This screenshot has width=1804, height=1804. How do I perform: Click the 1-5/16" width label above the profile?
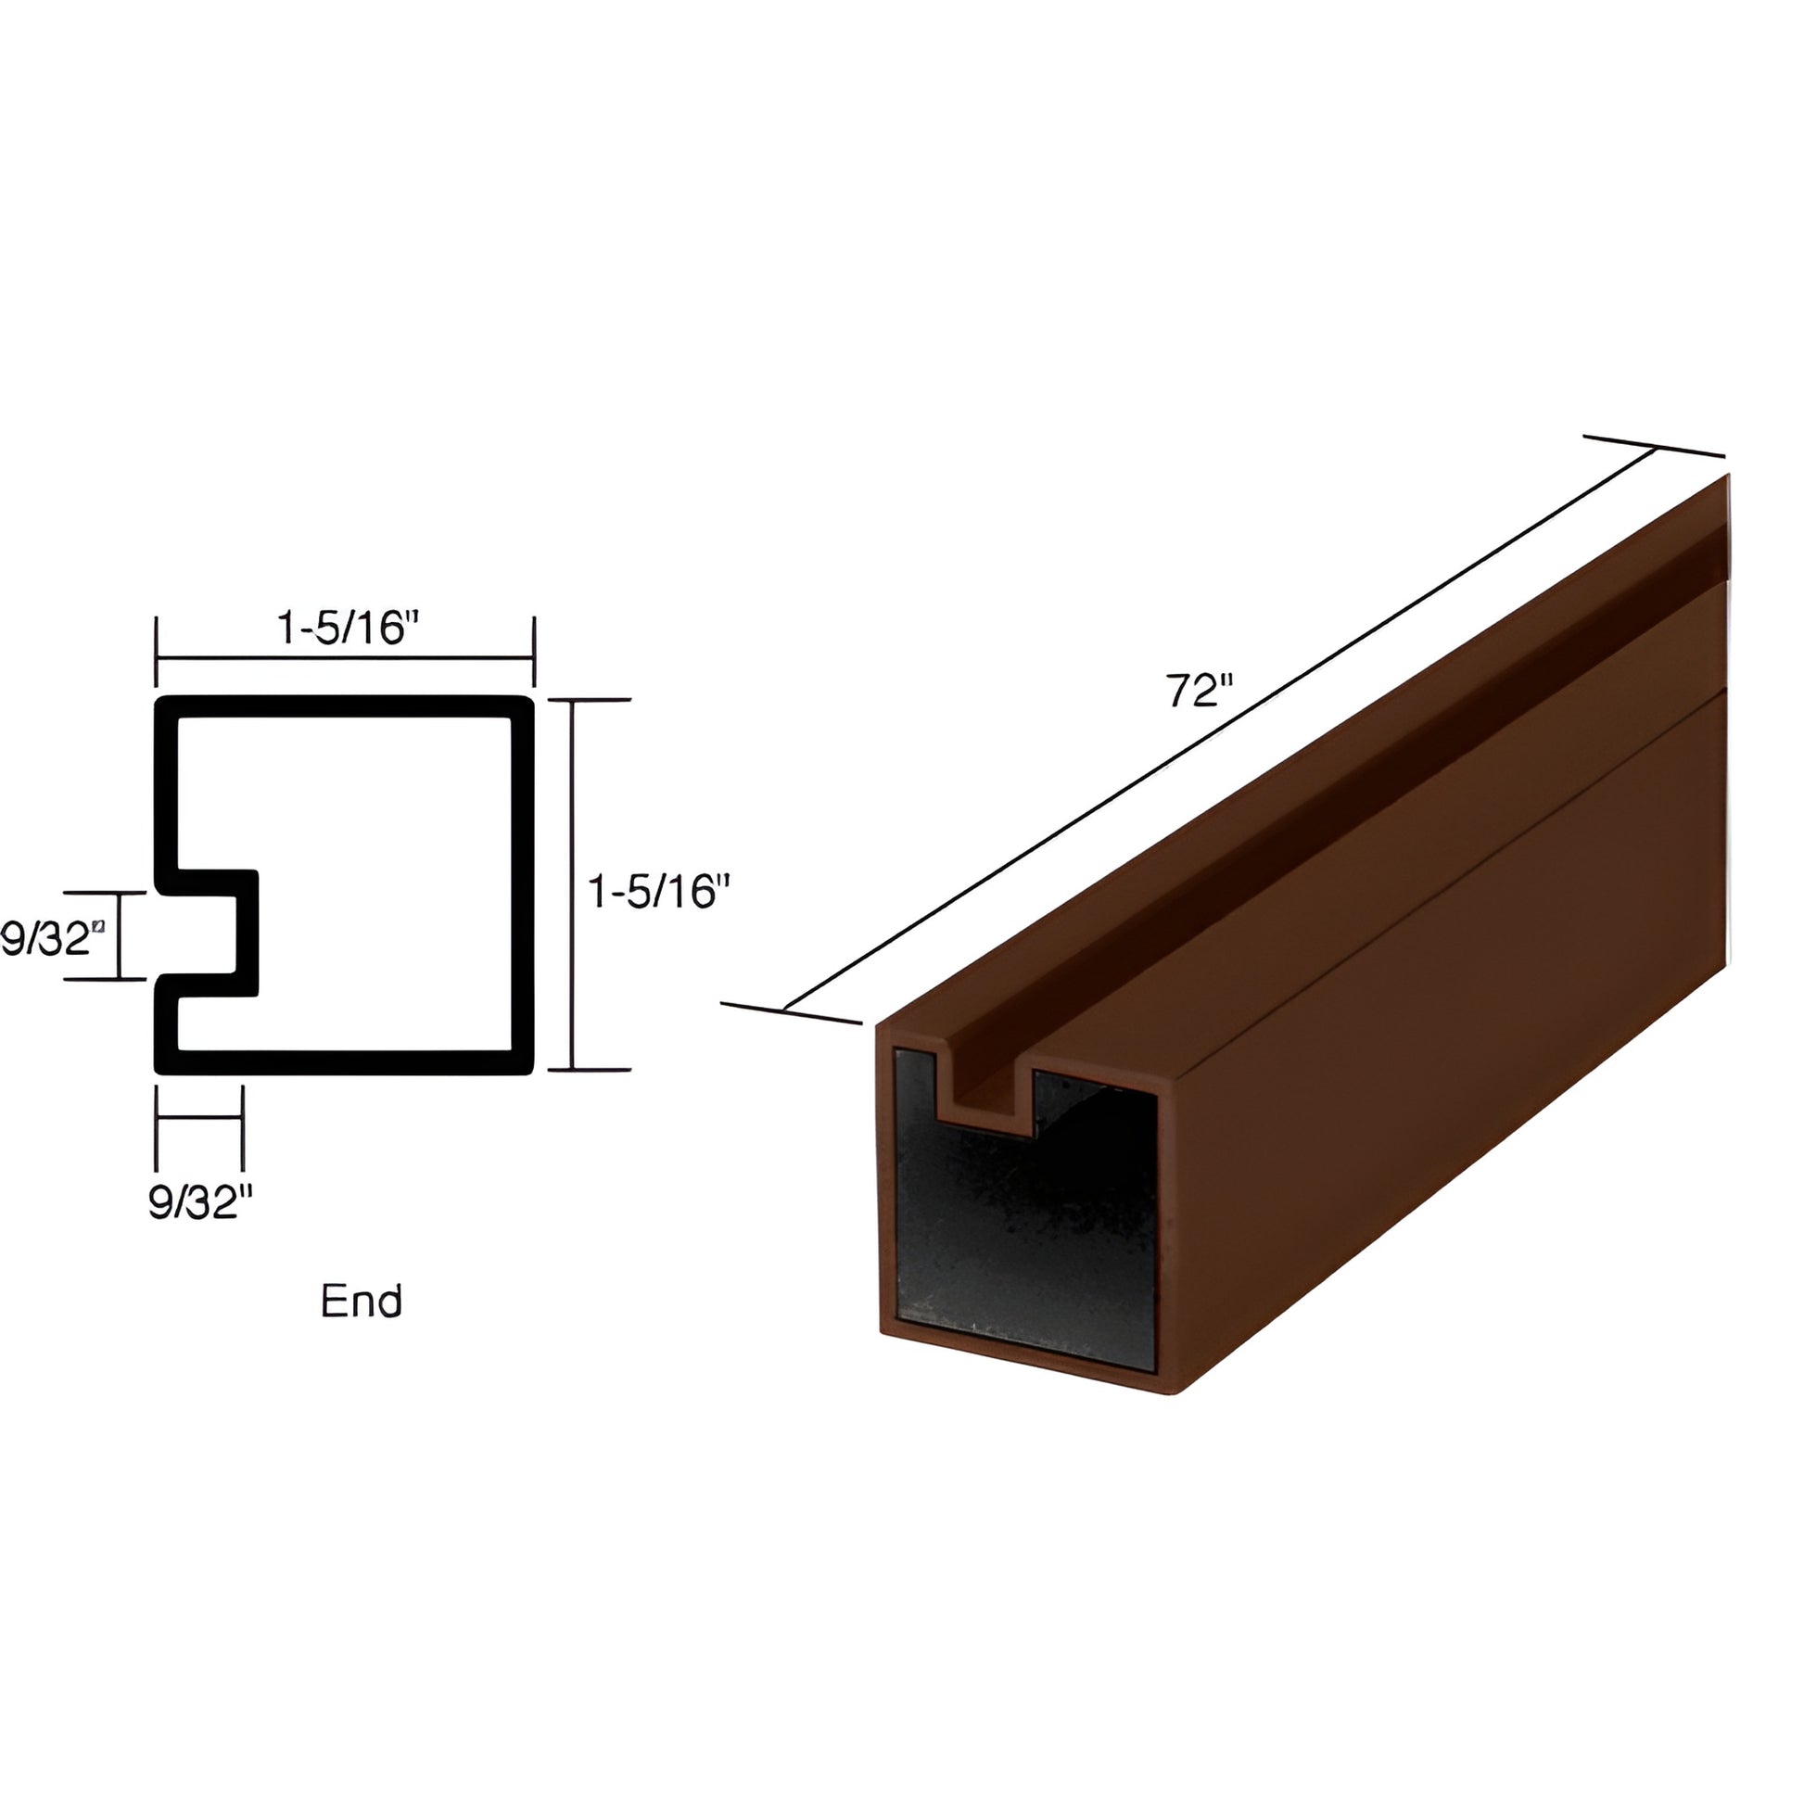point(345,629)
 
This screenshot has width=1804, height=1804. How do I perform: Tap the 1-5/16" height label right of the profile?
point(656,892)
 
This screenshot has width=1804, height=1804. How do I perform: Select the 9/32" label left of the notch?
point(50,938)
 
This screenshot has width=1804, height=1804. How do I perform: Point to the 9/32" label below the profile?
point(200,1203)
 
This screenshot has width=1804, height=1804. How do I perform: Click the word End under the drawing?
point(362,1301)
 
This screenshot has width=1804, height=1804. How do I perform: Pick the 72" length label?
point(1199,692)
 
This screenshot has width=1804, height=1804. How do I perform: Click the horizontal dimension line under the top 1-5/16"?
point(345,657)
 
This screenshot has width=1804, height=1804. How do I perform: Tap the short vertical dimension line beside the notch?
point(120,935)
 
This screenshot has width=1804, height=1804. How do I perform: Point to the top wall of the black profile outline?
point(345,706)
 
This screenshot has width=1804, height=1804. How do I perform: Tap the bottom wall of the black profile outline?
point(345,1062)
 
